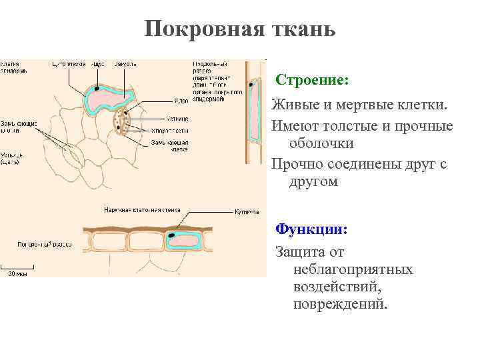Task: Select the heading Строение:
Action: point(312,80)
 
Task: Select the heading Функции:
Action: point(312,229)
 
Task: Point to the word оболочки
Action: point(321,143)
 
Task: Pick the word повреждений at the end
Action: point(339,304)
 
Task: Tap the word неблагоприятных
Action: point(353,269)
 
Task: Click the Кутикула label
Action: point(246,211)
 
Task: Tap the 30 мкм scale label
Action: point(18,273)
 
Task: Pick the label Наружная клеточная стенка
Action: point(141,210)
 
